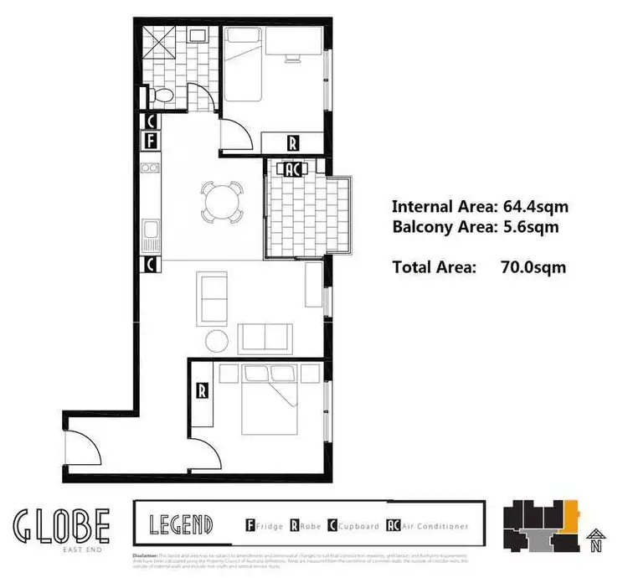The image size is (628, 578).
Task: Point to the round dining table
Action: [222, 201]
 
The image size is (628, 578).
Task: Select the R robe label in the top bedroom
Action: [293, 142]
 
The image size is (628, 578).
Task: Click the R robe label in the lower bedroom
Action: [202, 390]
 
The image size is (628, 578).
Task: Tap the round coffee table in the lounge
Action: [218, 341]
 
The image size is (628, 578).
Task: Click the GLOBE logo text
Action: [61, 524]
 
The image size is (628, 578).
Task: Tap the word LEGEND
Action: [180, 526]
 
